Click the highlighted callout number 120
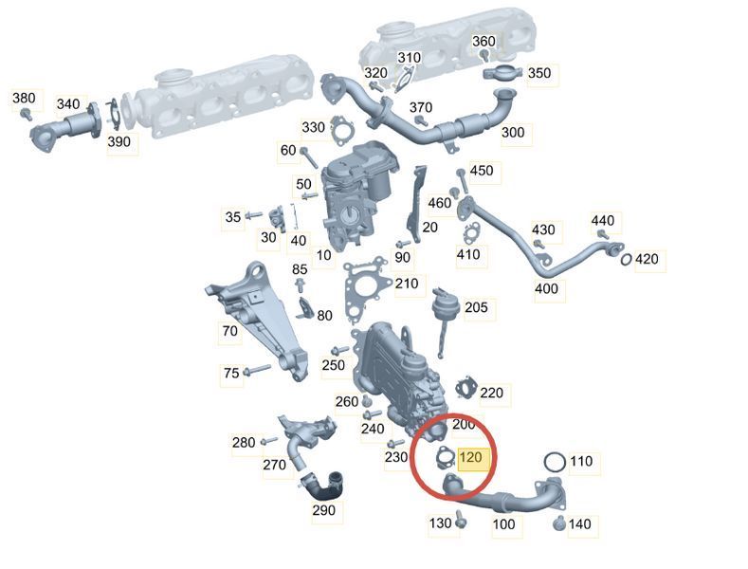pyautogui.click(x=470, y=458)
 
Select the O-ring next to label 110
pyautogui.click(x=555, y=462)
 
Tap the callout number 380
pyautogui.click(x=24, y=98)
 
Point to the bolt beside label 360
pyautogui.click(x=484, y=55)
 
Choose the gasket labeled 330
pyautogui.click(x=342, y=130)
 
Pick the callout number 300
pyautogui.click(x=513, y=132)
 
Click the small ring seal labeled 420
pyautogui.click(x=627, y=259)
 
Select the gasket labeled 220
pyautogui.click(x=466, y=388)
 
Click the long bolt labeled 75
pyautogui.click(x=257, y=370)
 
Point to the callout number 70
pyautogui.click(x=230, y=330)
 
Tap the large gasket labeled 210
pyautogui.click(x=364, y=288)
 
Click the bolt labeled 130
pyautogui.click(x=460, y=520)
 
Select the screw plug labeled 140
pyautogui.click(x=559, y=523)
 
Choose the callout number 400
pyautogui.click(x=546, y=288)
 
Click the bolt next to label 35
pyautogui.click(x=253, y=216)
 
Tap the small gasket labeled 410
pyautogui.click(x=470, y=233)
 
